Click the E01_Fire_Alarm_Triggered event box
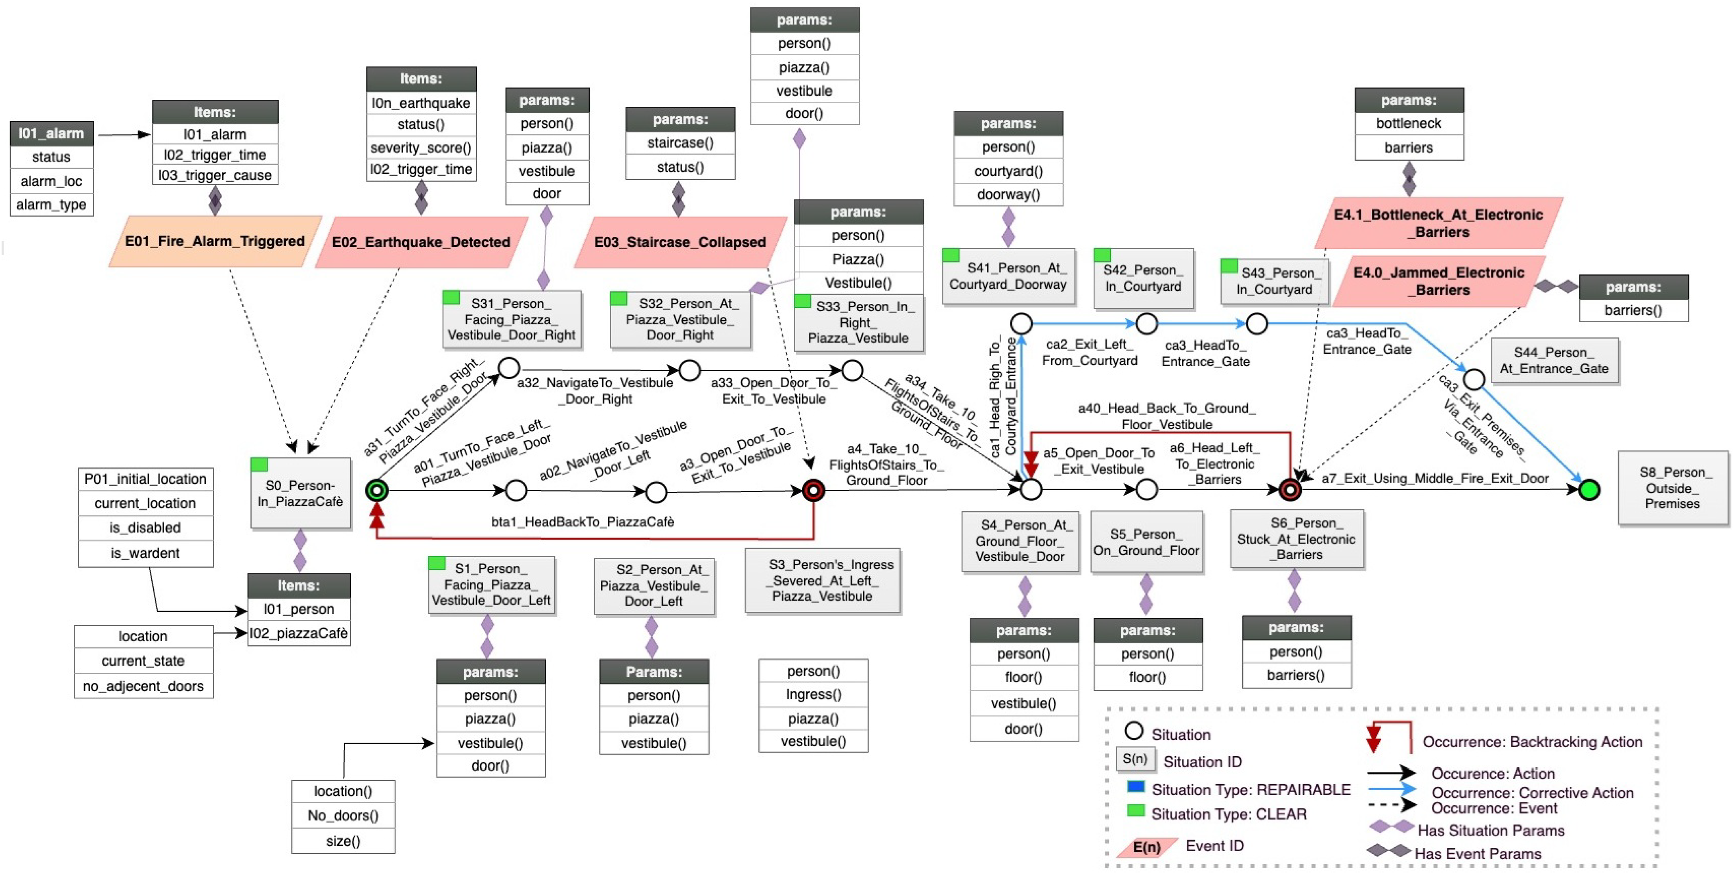coord(214,241)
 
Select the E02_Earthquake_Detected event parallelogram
coord(421,242)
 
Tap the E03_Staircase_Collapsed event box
coord(679,242)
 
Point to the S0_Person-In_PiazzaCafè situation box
coord(301,493)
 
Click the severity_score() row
coord(421,148)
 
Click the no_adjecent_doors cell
coord(143,686)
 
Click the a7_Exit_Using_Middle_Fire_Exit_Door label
coord(1435,479)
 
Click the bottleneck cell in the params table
coord(1409,123)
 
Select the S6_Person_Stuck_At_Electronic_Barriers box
coord(1296,539)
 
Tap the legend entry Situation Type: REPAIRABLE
coord(1250,789)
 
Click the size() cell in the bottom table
coord(342,841)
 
